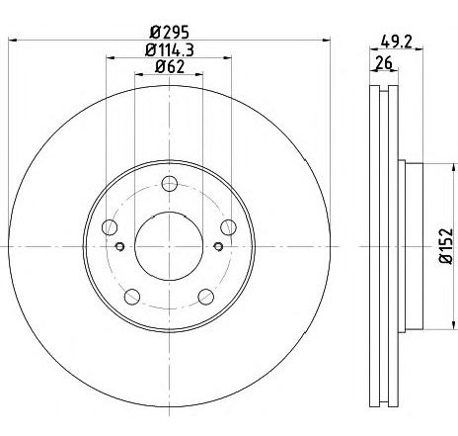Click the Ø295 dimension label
click(169, 33)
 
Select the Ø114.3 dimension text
click(169, 50)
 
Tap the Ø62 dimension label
click(169, 67)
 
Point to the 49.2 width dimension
click(396, 42)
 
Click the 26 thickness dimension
click(384, 62)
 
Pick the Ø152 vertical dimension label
click(446, 245)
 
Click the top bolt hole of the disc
click(170, 184)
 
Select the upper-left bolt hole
click(110, 227)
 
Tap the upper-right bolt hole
click(228, 227)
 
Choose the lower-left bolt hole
click(132, 297)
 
